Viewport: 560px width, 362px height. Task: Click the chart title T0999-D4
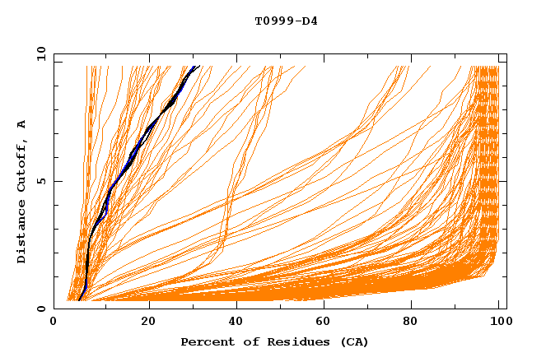286,21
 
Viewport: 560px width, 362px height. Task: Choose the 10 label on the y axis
38,53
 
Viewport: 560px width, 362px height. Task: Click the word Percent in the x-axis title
204,341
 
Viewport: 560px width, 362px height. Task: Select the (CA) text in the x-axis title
352,341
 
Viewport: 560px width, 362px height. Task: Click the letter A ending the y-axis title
22,124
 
